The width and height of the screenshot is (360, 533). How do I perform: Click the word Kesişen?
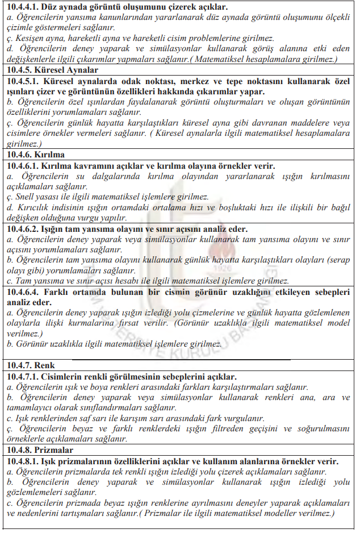click(30, 39)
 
